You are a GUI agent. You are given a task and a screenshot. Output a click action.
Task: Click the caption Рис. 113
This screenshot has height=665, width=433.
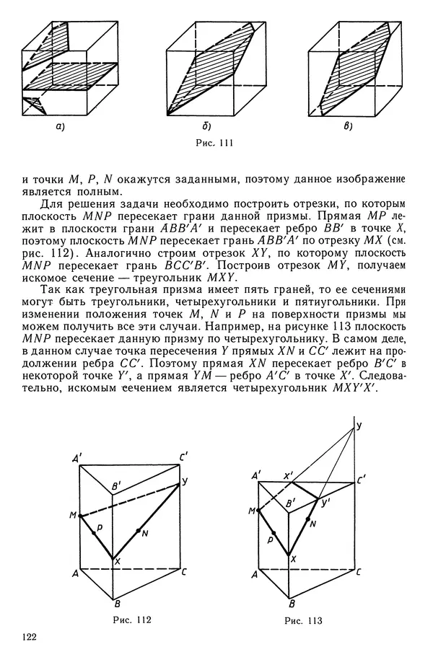click(303, 620)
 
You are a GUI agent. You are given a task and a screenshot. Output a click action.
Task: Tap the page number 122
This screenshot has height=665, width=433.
click(30, 637)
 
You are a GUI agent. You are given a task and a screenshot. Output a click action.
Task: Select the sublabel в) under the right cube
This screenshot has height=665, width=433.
click(349, 127)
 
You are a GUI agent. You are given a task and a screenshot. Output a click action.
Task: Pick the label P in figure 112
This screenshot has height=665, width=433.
click(100, 527)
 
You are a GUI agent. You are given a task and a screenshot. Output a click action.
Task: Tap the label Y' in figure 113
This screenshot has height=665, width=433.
click(325, 503)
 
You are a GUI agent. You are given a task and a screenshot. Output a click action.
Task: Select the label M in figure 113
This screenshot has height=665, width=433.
click(250, 511)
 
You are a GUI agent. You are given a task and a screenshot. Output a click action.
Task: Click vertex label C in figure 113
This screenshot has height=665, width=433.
click(359, 572)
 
